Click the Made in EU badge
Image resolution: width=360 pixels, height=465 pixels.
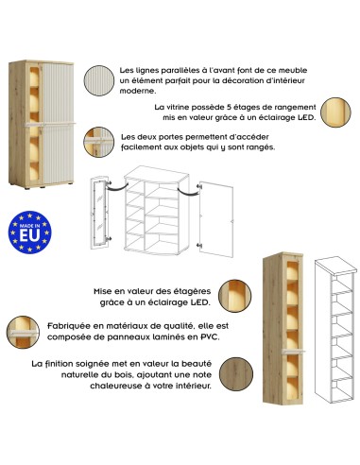pyautogui.click(x=29, y=232)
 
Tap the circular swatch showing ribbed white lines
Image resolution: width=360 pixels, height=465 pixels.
pyautogui.click(x=99, y=80)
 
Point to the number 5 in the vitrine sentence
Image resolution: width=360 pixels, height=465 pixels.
pyautogui.click(x=229, y=107)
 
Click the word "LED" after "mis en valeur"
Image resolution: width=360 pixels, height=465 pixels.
pyautogui.click(x=305, y=118)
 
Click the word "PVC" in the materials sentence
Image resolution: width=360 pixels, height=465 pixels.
pyautogui.click(x=210, y=336)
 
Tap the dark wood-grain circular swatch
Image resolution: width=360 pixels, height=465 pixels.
pyautogui.click(x=236, y=374)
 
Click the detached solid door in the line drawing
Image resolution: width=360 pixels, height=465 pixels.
pyautogui.click(x=216, y=218)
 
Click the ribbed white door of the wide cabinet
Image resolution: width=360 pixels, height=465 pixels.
pyautogui.click(x=58, y=123)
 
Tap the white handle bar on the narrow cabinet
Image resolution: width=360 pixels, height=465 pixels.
pyautogui.click(x=293, y=351)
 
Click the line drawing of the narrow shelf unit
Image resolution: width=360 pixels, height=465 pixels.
pyautogui.click(x=335, y=330)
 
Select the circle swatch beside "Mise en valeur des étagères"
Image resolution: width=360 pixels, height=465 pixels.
pyautogui.click(x=234, y=296)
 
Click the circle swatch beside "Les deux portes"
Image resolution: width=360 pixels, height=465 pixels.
pyautogui.click(x=98, y=142)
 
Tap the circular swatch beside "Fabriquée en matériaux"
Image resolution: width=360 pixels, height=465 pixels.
pyautogui.click(x=23, y=333)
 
